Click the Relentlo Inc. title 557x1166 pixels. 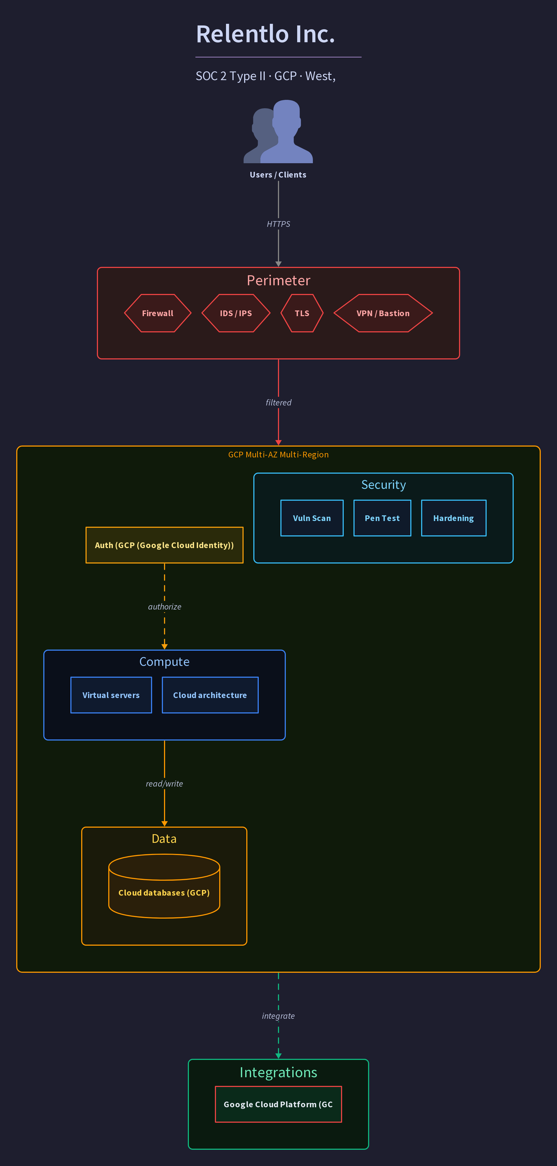coord(266,34)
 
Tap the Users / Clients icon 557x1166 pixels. coord(278,131)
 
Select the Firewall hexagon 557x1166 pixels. coord(158,313)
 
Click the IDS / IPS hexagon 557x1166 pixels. coord(236,313)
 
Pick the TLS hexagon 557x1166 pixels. coord(302,313)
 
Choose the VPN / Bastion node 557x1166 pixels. coord(383,313)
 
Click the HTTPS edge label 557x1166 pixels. coord(278,224)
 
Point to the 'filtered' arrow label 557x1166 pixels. coord(278,402)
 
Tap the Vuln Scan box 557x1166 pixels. coord(312,518)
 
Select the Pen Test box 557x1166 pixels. coord(382,518)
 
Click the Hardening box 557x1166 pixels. coord(453,518)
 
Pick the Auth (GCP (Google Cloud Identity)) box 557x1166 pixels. coord(164,545)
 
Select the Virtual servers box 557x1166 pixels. coord(111,695)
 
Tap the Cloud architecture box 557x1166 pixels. coord(210,695)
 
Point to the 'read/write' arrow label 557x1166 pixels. coord(164,784)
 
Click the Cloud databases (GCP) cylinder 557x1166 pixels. coord(164,886)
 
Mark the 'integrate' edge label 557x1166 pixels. coord(278,1016)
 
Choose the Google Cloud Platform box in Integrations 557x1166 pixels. coord(278,1105)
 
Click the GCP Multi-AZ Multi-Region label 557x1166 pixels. coord(278,454)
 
